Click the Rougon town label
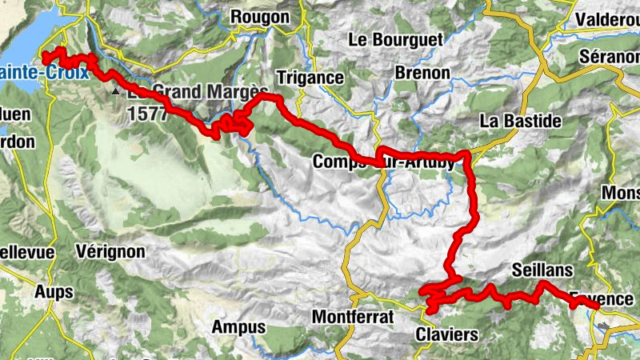[x=259, y=17]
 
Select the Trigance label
[x=309, y=78]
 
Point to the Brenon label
[x=422, y=73]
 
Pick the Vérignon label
[x=110, y=251]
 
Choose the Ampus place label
[x=238, y=326]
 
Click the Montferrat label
[x=353, y=317]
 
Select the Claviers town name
[x=447, y=334]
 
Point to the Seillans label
[x=543, y=270]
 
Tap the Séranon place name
[x=610, y=60]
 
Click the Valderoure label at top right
[x=607, y=18]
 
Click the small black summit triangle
[x=117, y=91]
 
